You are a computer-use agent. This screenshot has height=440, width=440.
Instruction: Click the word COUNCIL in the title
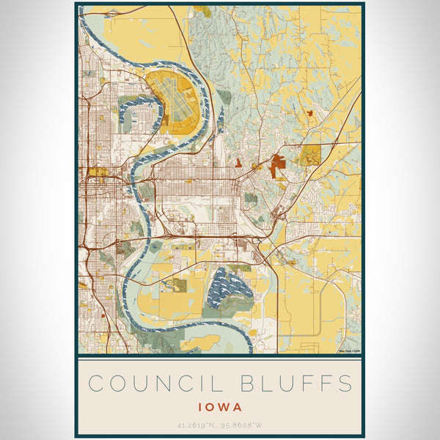(153, 384)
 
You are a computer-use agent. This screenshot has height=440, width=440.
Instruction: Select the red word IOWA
(220, 405)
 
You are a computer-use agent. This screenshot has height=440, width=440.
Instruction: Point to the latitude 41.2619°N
(197, 424)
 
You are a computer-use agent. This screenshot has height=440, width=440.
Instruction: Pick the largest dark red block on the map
(278, 166)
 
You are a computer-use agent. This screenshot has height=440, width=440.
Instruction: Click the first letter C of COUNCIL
(94, 384)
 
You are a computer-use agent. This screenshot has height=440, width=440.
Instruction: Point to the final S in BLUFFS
(345, 384)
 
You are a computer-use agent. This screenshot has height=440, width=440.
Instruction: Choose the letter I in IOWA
(200, 405)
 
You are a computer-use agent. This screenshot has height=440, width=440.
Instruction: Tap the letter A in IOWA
(239, 405)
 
